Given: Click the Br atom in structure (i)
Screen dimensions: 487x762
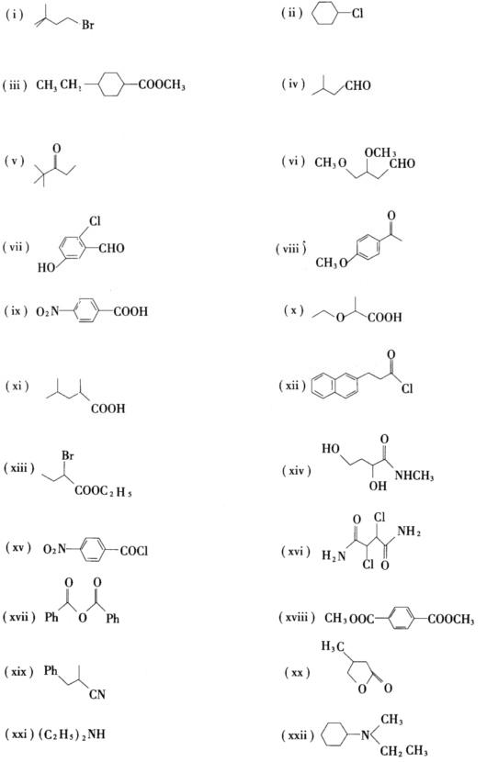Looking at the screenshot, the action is point(87,24).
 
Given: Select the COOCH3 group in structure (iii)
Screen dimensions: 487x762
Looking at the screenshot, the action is point(162,85).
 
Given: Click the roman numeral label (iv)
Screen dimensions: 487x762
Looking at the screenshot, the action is point(293,84).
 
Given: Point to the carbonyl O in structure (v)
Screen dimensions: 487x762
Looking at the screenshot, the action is point(57,147).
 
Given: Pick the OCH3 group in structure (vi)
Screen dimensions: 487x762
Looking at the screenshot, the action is point(380,152).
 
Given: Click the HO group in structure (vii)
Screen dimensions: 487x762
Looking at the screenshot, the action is point(46,267).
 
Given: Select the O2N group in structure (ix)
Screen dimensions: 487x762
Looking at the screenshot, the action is point(47,311).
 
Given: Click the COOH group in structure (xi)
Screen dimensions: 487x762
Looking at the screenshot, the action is point(108,409).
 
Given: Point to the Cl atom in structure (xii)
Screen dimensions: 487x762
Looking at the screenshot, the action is point(407,388).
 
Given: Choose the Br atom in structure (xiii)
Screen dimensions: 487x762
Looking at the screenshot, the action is point(68,456).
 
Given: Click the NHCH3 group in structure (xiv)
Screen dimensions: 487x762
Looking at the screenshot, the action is point(414,476).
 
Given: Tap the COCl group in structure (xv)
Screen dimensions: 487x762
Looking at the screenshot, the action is point(134,551).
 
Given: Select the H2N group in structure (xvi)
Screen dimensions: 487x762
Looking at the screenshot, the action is point(334,555).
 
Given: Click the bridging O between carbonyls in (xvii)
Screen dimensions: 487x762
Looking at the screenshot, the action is point(83,618).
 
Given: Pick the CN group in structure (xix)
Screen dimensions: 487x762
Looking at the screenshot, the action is point(96,694).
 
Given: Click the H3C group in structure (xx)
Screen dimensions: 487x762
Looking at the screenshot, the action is point(334,647).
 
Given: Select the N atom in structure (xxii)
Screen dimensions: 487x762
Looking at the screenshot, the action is point(365,735).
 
